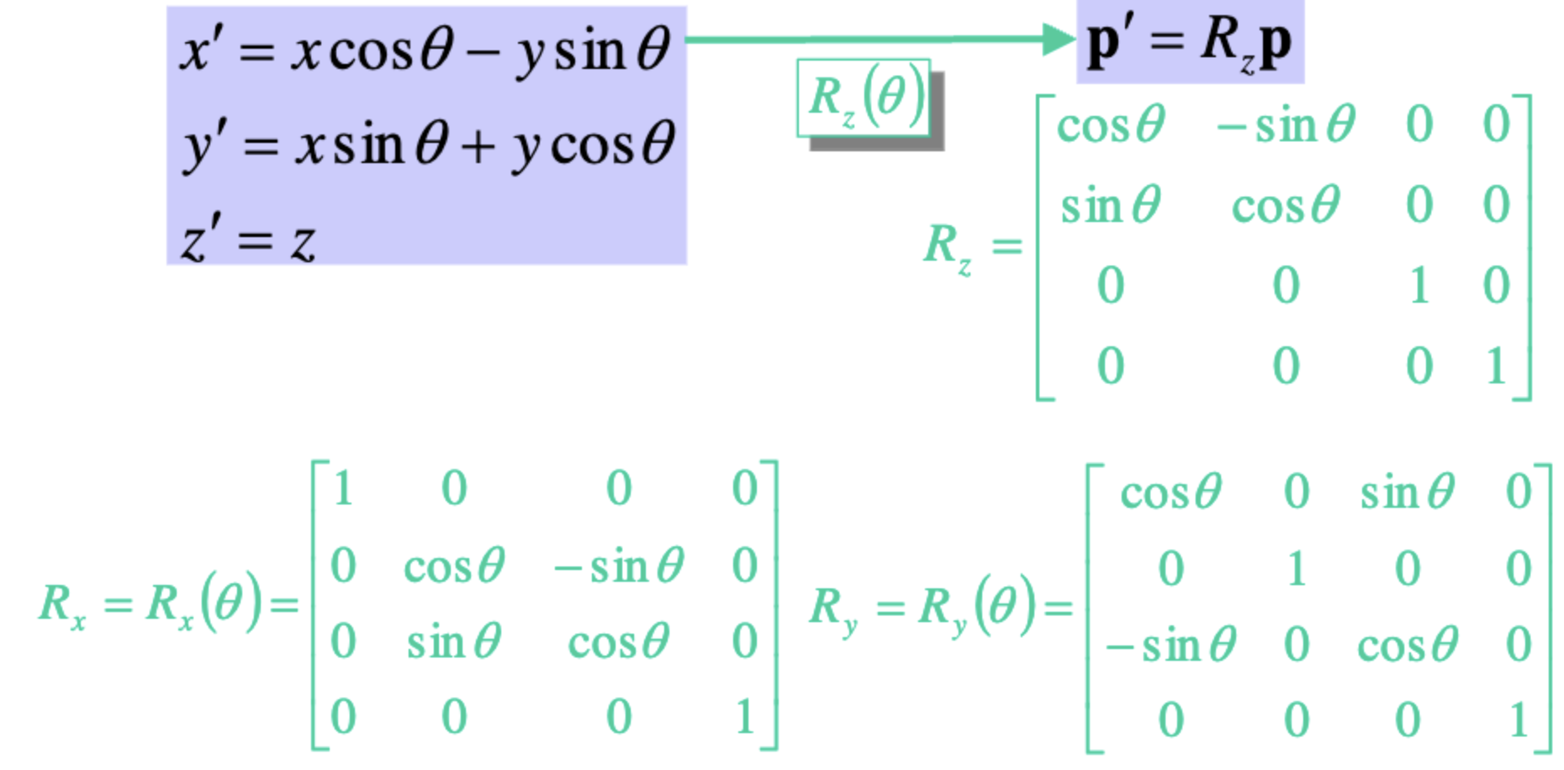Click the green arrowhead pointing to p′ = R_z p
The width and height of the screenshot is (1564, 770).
point(1058,39)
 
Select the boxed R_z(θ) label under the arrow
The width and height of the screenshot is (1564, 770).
point(864,98)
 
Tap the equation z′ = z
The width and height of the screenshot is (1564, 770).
point(248,240)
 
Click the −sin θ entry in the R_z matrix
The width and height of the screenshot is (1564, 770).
point(1285,126)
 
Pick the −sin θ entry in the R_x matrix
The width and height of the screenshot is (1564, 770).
point(619,566)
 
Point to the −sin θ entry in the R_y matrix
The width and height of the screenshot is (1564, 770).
point(1170,646)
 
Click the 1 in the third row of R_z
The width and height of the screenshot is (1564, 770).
point(1419,286)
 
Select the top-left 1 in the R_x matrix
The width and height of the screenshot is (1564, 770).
point(342,488)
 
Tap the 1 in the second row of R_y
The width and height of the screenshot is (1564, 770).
point(1297,569)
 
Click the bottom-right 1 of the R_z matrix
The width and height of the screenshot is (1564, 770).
point(1496,367)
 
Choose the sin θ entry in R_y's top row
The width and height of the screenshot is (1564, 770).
point(1407,492)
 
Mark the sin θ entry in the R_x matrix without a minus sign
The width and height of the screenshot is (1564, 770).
point(454,643)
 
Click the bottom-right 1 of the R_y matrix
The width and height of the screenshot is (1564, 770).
point(1518,720)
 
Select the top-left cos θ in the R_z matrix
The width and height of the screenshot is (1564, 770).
point(1110,126)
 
